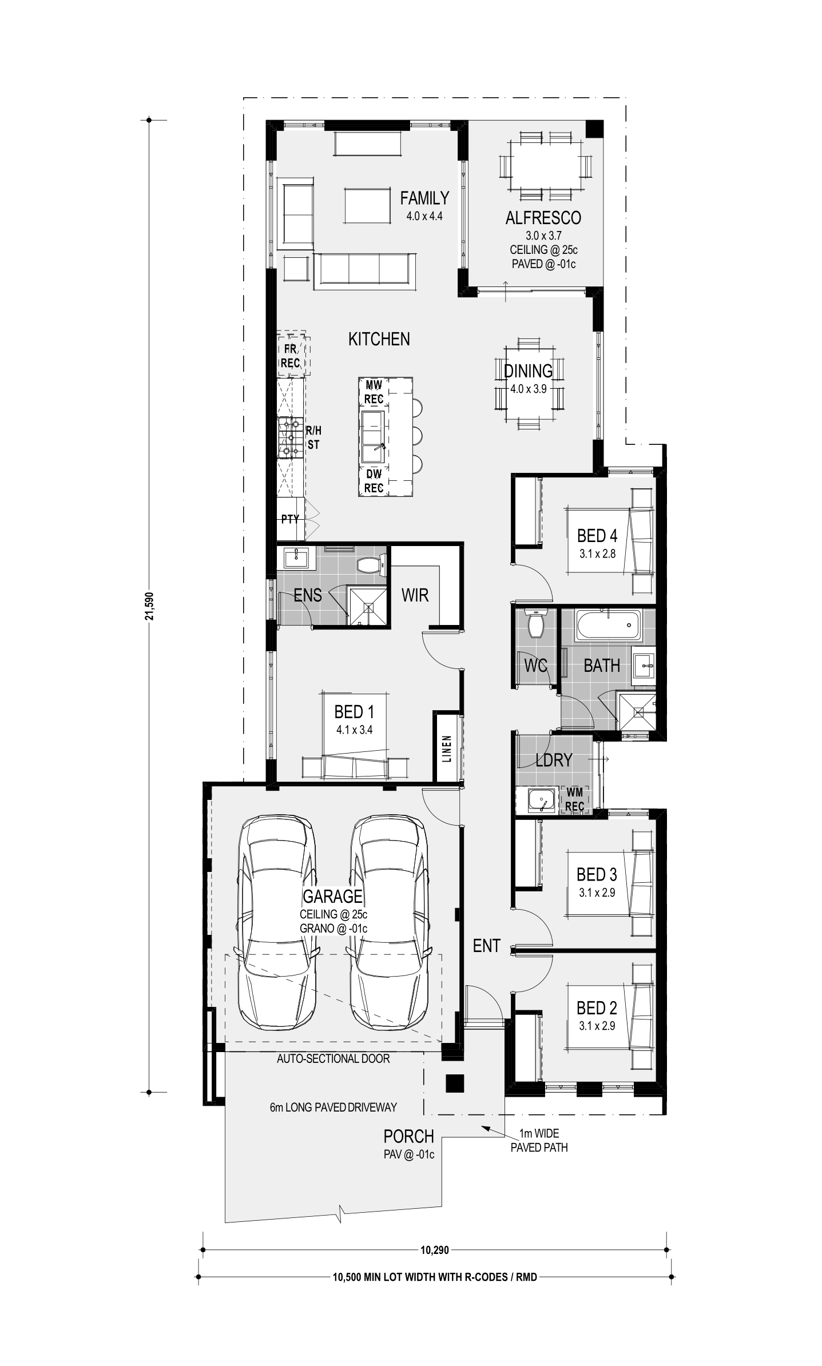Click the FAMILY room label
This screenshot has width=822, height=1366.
(x=424, y=198)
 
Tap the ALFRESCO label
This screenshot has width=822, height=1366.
(x=543, y=218)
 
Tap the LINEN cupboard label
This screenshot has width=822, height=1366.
(x=447, y=749)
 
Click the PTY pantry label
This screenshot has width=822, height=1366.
(x=290, y=519)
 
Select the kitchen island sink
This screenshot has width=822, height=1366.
(x=373, y=437)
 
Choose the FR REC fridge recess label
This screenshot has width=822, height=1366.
(x=291, y=356)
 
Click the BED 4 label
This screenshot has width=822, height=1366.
(x=597, y=536)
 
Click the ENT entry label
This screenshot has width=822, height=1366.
(x=487, y=946)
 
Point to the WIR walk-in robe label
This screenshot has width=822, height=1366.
(x=415, y=595)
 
